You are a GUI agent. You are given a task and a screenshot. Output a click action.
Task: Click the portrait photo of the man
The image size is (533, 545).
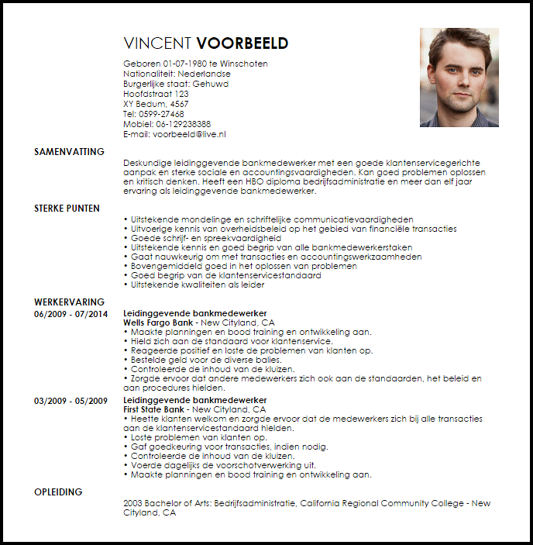pyautogui.click(x=459, y=78)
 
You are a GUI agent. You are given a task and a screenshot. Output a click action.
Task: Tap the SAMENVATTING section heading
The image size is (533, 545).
pyautogui.click(x=69, y=152)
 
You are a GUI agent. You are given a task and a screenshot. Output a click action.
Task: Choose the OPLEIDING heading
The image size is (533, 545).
pyautogui.click(x=58, y=492)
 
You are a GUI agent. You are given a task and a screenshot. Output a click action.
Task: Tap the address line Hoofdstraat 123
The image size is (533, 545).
pyautogui.click(x=156, y=94)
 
